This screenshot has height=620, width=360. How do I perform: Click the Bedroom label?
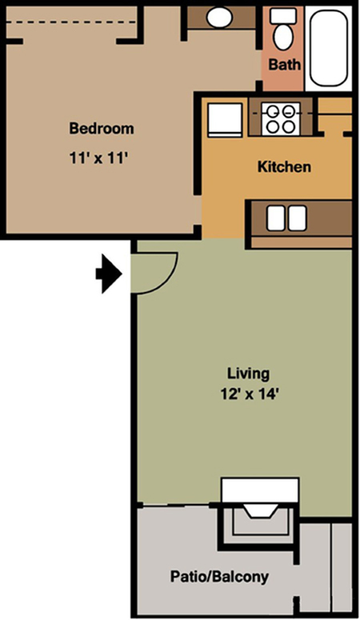pyautogui.click(x=102, y=129)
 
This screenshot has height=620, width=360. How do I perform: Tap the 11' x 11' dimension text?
pyautogui.click(x=98, y=158)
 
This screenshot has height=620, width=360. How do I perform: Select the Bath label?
pyautogui.click(x=285, y=64)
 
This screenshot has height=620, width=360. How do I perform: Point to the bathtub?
pyautogui.click(x=328, y=47)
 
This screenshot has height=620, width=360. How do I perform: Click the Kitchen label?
pyautogui.click(x=284, y=166)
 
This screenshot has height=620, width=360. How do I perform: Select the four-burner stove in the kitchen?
pyautogui.click(x=281, y=118)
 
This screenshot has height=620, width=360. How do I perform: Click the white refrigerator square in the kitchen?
pyautogui.click(x=225, y=120)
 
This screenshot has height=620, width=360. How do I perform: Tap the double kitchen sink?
pyautogui.click(x=286, y=218)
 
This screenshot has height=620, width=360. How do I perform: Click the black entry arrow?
pyautogui.click(x=108, y=274)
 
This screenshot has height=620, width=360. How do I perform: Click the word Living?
pyautogui.click(x=248, y=374)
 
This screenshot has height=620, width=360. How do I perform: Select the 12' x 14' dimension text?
pyautogui.click(x=248, y=394)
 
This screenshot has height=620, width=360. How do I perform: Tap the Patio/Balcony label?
pyautogui.click(x=219, y=577)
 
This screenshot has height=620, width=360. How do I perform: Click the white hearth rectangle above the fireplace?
pyautogui.click(x=260, y=490)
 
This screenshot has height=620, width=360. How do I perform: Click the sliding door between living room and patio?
pyautogui.click(x=176, y=505)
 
